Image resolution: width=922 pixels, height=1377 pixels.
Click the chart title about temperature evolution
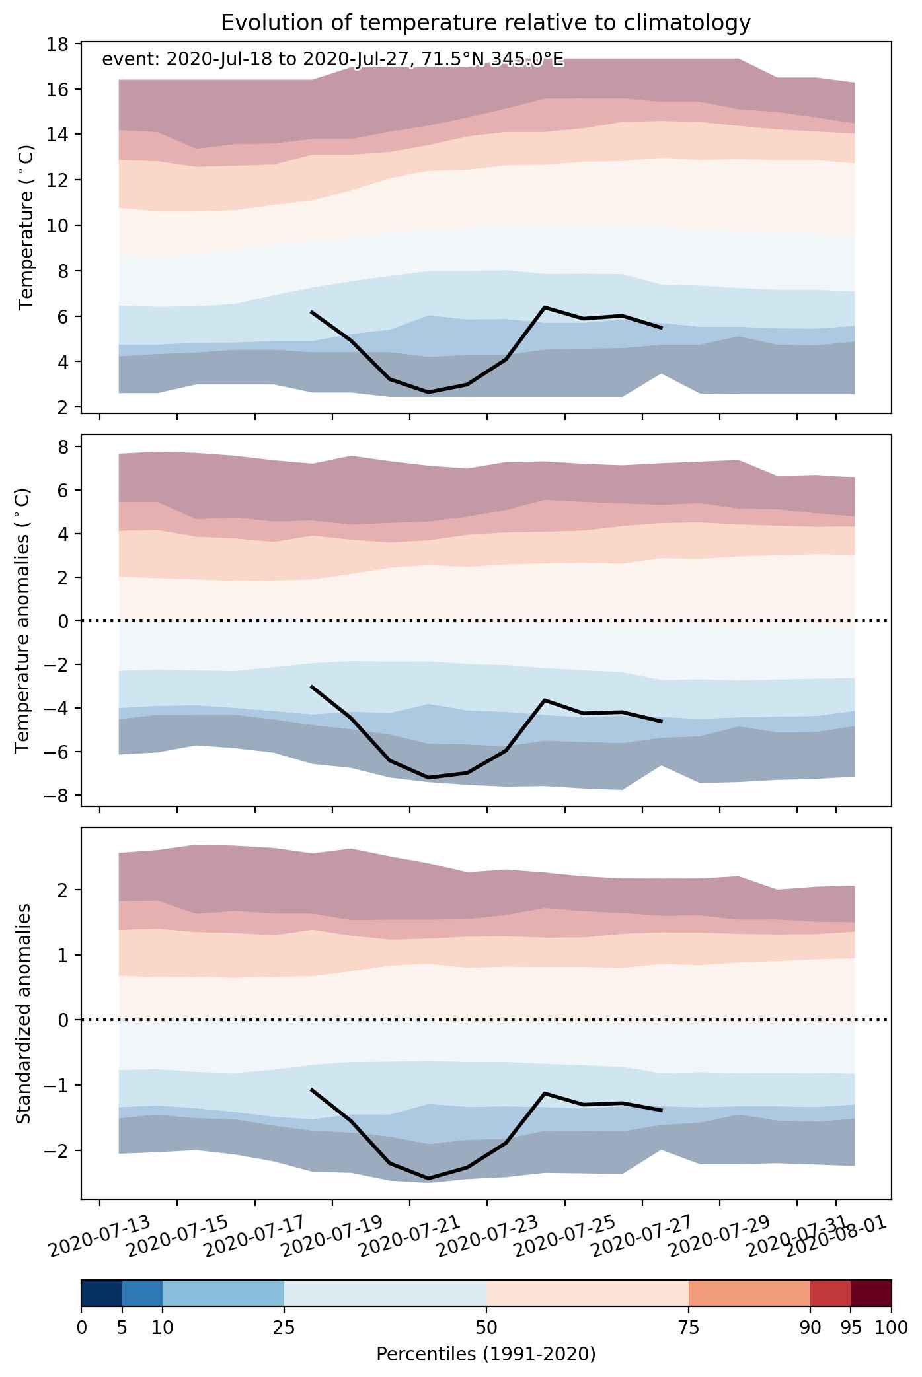pos(486,23)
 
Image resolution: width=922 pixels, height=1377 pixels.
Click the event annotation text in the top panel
pos(332,60)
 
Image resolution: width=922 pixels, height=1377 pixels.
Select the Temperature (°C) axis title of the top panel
pos(26,227)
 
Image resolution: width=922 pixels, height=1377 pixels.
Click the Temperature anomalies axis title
pos(22,620)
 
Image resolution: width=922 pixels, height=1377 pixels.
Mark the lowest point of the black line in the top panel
pos(428,392)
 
